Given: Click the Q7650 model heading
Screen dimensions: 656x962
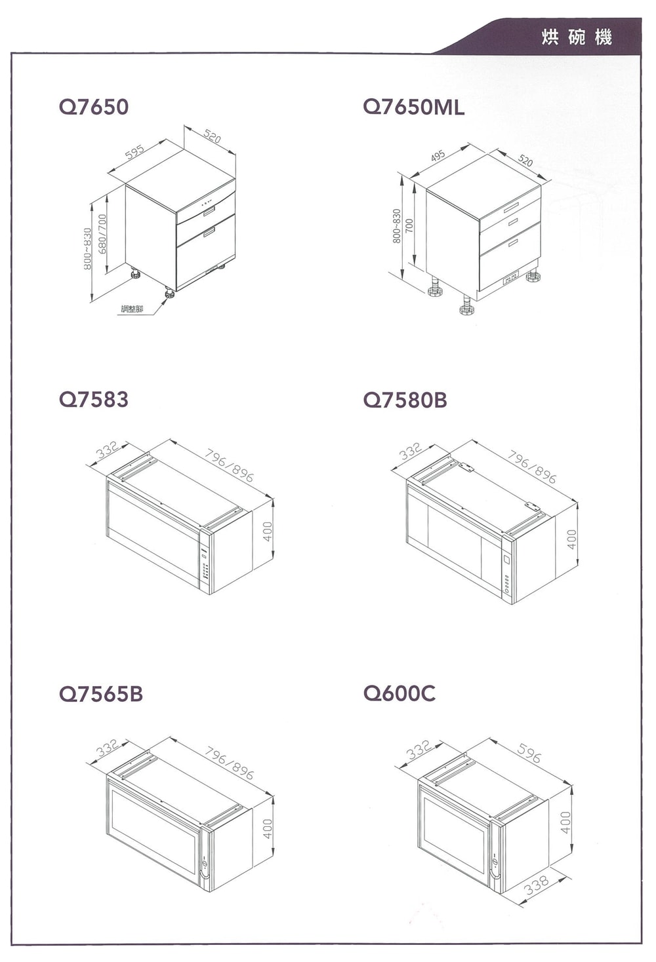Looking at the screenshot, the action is [94, 107].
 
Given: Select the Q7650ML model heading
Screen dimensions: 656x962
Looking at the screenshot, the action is [413, 107].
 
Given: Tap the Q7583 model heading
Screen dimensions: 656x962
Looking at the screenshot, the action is [94, 399].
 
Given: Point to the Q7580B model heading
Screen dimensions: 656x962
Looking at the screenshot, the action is [405, 399].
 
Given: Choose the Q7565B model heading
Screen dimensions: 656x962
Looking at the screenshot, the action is [101, 694].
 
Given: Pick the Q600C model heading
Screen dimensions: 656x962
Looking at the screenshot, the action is [400, 693].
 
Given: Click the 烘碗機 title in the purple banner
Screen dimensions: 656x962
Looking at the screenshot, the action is [577, 37].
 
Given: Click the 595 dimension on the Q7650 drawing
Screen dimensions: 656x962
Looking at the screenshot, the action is [134, 152].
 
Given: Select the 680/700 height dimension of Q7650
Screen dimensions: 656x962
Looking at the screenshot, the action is [102, 234].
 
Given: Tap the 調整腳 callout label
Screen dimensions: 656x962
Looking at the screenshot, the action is [132, 309].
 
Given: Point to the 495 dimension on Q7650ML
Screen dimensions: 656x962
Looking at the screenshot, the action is [438, 155].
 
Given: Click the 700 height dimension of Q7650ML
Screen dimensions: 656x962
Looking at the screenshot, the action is [409, 226].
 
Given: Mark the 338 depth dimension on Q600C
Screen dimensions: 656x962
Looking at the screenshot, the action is [537, 885].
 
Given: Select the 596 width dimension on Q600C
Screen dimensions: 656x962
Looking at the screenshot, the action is [528, 754].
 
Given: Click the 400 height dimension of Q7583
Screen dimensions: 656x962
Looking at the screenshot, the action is [268, 531].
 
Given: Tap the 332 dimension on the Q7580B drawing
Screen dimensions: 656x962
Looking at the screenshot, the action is [411, 452].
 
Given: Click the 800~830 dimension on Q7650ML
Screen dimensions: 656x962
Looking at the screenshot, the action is [397, 226].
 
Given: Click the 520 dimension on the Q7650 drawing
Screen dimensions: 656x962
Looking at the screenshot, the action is [213, 136].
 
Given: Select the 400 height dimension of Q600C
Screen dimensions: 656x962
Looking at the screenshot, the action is [566, 822].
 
